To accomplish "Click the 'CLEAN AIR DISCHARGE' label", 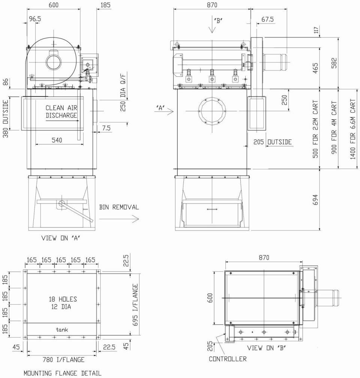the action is [61, 111].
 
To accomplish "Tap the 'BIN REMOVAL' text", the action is [119, 207].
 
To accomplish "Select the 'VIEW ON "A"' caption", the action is [61, 238].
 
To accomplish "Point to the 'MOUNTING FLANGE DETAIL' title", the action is [63, 373].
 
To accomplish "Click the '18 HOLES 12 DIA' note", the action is [63, 303].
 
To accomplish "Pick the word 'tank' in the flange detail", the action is [62, 330].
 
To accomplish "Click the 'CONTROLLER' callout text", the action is [228, 359].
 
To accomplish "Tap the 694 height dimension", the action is [315, 200].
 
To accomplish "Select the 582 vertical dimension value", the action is [334, 63].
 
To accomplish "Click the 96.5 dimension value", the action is [35, 19].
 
